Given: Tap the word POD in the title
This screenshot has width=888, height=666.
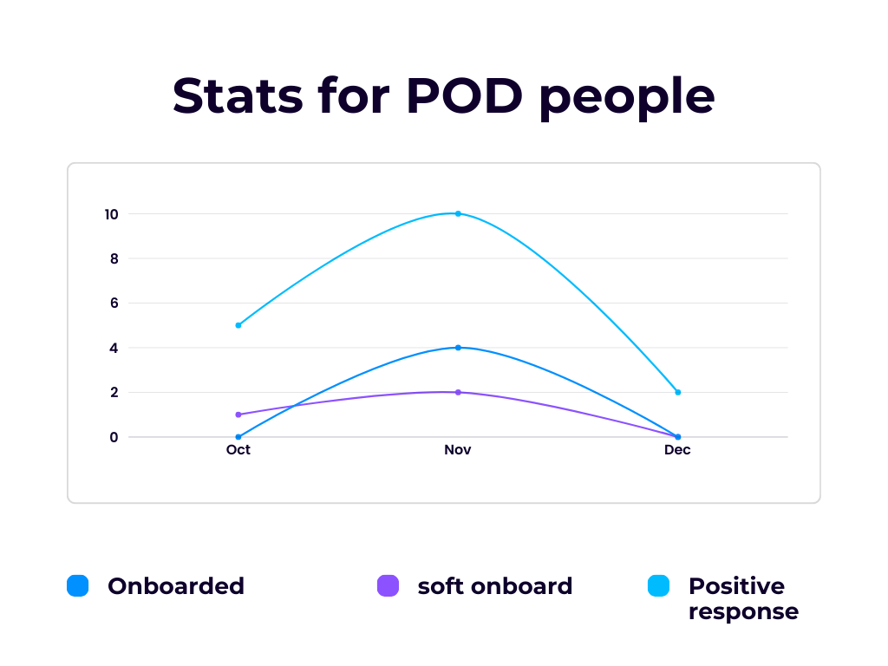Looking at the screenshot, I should (464, 95).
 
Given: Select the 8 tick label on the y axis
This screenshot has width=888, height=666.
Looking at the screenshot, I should (114, 258).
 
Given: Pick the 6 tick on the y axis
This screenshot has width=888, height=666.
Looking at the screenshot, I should (114, 304).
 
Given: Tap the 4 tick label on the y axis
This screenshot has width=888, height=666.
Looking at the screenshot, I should (114, 348).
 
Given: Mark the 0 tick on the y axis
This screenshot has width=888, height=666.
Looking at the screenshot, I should (114, 437).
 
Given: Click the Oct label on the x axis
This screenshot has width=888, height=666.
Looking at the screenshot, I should (238, 450).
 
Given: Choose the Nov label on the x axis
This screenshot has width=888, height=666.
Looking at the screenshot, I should (458, 450).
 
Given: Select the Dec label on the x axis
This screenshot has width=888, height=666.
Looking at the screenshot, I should (677, 450).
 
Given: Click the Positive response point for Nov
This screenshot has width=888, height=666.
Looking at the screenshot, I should (458, 213).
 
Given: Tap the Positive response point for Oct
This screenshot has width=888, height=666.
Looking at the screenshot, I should (238, 325).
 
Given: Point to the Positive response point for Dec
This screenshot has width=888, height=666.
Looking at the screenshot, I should (678, 392).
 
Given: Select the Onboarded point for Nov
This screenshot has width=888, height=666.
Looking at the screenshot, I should (458, 348).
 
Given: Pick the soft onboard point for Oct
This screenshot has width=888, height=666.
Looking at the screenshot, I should (238, 415).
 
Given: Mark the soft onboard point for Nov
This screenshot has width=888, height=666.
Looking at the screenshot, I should (458, 392).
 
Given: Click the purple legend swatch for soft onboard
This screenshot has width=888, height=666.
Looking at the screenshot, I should (388, 586).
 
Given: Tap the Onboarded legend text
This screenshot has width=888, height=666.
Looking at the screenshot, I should (176, 586).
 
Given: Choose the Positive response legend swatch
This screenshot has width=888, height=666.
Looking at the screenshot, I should (659, 586).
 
